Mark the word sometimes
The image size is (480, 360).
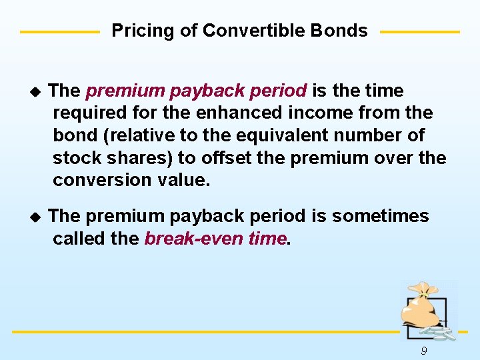pyautogui.click(x=381, y=216)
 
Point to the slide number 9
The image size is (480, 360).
pyautogui.click(x=424, y=351)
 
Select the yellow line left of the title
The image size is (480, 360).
pyautogui.click(x=59, y=31)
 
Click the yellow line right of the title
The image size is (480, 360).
pyautogui.click(x=419, y=31)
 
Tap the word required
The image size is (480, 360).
pyautogui.click(x=91, y=113)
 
